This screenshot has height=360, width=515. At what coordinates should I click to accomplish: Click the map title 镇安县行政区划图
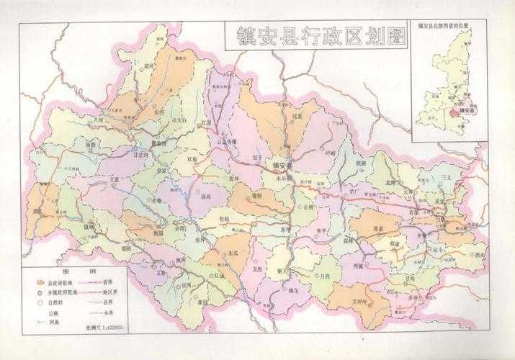(x=315, y=36)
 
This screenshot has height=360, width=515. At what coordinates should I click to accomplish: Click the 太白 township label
(x=182, y=122)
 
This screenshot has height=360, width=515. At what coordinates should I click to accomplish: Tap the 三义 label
(x=446, y=176)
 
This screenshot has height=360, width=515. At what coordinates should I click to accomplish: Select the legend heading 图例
(x=69, y=271)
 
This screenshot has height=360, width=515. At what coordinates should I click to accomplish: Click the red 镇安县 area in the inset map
(x=452, y=112)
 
